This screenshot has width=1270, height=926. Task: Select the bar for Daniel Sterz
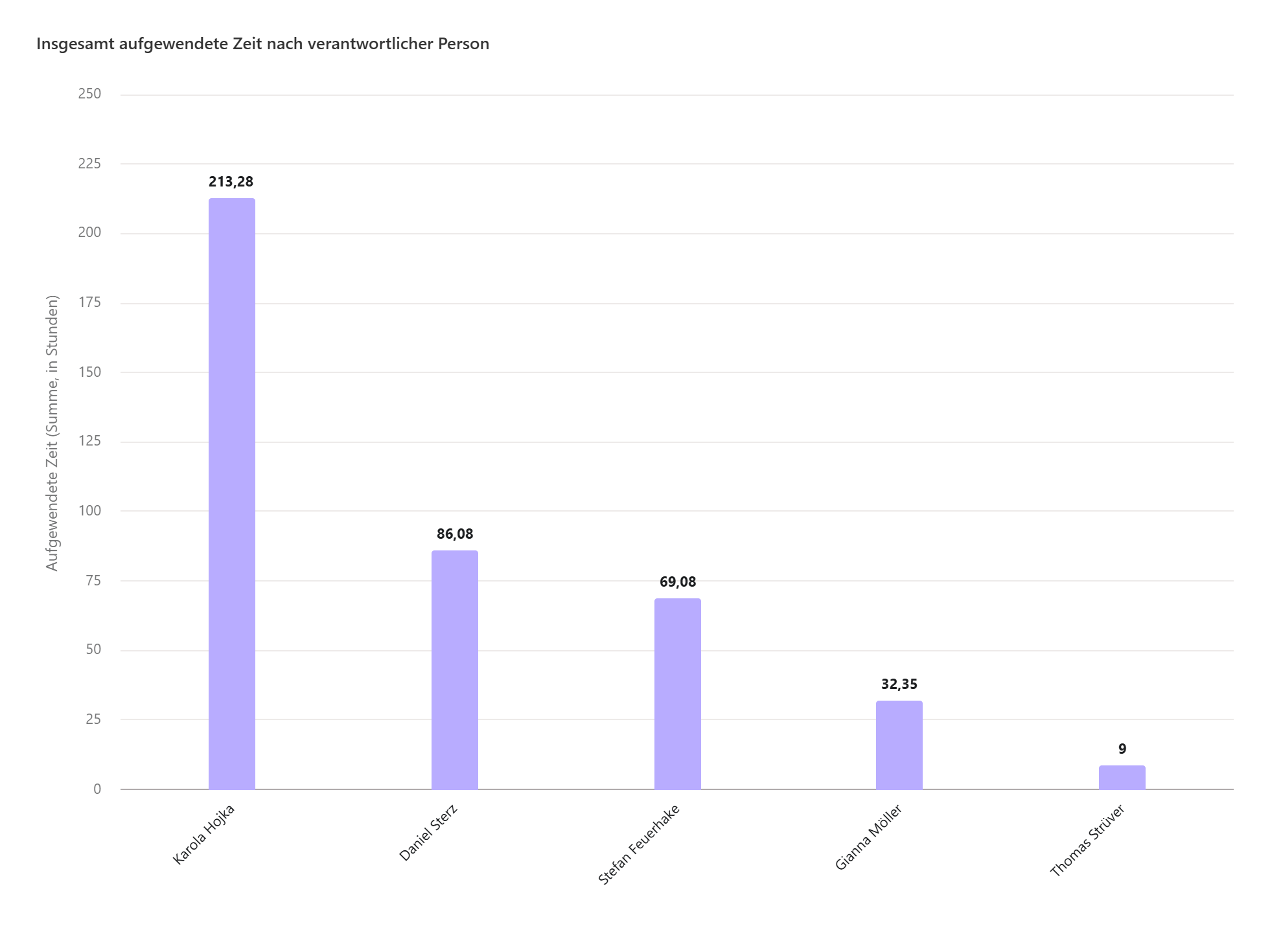454,670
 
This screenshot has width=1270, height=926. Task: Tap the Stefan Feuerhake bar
677,694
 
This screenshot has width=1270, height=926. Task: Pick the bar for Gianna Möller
899,745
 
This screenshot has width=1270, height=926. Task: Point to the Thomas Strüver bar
1122,777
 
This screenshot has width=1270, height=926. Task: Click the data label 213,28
231,182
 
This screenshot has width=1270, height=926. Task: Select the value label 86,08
455,534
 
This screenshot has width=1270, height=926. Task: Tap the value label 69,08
678,582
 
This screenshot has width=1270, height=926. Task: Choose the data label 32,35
899,684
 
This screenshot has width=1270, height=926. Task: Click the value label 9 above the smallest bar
1122,749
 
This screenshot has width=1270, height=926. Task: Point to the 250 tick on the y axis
89,94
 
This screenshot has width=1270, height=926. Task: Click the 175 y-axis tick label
89,302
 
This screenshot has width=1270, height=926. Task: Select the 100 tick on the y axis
89,511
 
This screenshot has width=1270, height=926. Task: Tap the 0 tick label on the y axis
97,789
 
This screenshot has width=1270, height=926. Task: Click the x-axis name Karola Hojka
203,835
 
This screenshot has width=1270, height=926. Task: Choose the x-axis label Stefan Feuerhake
638,844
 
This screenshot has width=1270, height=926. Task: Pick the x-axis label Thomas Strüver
1087,841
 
